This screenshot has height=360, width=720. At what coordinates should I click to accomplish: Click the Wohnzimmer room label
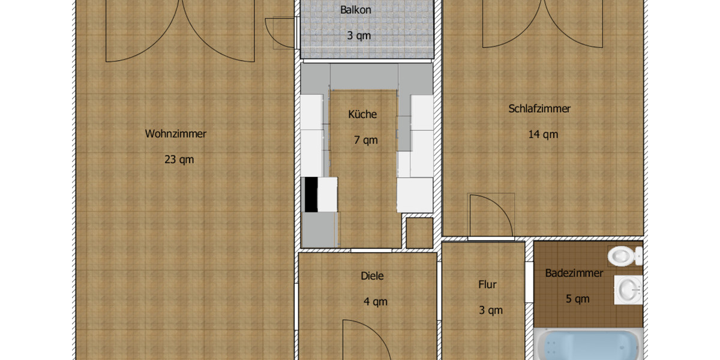coord(176,134)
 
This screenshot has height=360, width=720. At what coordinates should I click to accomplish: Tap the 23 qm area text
coord(179,160)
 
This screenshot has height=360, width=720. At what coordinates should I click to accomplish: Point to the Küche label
coord(362,115)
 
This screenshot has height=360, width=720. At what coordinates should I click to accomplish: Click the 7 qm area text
coord(365,140)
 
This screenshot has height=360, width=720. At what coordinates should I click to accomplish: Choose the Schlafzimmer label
coord(539,109)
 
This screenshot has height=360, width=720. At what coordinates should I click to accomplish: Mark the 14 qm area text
coord(542,134)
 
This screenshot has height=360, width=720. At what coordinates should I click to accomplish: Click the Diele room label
coord(372,276)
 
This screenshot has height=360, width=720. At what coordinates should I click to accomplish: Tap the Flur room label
coord(488,284)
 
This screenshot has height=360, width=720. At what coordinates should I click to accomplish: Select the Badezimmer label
coord(574,273)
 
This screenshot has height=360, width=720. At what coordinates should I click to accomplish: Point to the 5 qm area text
coord(578,299)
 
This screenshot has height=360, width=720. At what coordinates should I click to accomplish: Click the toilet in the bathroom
coord(624,257)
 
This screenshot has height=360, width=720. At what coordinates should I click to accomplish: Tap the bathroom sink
coord(628,290)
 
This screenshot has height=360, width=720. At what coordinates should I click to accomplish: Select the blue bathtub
coord(588,346)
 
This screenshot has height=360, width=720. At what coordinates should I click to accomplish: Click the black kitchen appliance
coord(311,194)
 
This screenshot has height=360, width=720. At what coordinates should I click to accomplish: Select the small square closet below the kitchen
coord(419,232)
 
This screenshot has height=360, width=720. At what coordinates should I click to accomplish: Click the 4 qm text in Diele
coord(376,302)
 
